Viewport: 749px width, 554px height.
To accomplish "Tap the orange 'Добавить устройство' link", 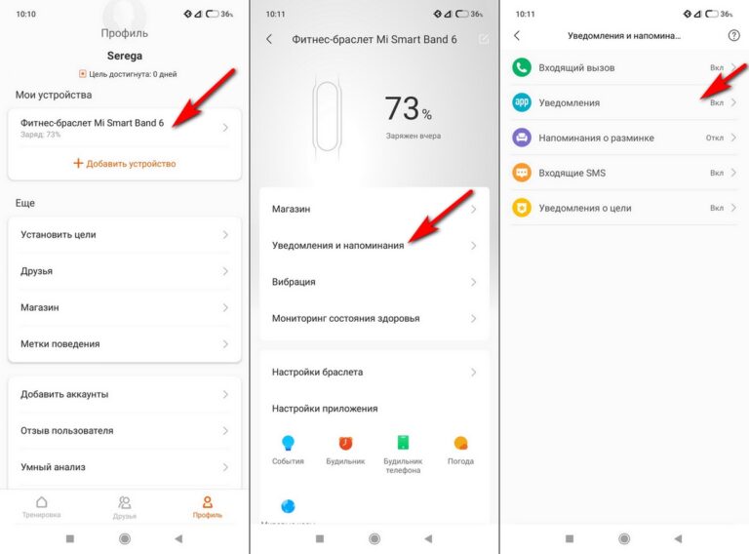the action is (125, 163).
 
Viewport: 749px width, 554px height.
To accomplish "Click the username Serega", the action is (125, 56).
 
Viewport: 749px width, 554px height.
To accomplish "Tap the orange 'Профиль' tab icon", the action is (208, 502).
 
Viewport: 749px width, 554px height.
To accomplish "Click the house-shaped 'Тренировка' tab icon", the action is (42, 502).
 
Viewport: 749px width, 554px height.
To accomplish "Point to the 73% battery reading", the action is (408, 108).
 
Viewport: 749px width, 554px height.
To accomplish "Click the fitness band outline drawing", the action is (327, 117).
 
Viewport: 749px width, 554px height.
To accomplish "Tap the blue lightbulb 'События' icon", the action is (288, 443).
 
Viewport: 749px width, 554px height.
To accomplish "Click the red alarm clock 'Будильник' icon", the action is (345, 443).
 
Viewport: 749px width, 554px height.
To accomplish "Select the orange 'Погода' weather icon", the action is (460, 443).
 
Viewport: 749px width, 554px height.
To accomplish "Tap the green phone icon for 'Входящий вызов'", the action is (522, 67).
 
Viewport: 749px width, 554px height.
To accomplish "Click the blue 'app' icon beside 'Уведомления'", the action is (522, 102).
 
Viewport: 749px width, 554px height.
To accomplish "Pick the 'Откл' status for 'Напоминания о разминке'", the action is (715, 138).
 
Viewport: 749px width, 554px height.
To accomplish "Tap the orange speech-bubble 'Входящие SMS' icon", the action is (522, 173).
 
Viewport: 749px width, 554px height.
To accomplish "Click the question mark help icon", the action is (733, 35).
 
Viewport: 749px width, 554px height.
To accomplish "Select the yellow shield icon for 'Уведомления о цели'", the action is (522, 208).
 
